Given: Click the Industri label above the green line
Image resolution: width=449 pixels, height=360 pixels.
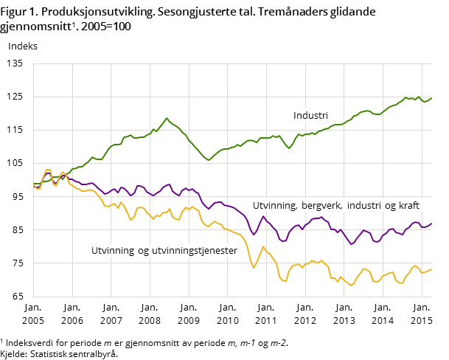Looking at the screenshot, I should pyautogui.click(x=310, y=116).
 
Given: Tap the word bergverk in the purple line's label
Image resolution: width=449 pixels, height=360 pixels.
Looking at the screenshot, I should pyautogui.click(x=320, y=206).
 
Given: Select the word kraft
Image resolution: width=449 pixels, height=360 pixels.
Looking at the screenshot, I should pyautogui.click(x=407, y=206).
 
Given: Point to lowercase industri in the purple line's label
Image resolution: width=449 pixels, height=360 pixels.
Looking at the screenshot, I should pyautogui.click(x=364, y=206).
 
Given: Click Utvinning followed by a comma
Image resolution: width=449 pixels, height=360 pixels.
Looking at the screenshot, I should pyautogui.click(x=274, y=206).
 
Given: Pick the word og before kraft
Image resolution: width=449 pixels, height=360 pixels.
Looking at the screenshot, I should pyautogui.click(x=389, y=206).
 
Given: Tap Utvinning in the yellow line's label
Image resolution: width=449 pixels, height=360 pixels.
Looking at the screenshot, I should pyautogui.click(x=113, y=251).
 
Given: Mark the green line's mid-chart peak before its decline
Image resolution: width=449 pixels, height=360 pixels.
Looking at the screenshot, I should pyautogui.click(x=167, y=118).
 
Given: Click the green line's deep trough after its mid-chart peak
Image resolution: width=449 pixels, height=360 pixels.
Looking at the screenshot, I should pyautogui.click(x=209, y=160).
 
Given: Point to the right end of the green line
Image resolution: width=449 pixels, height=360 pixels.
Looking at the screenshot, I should pyautogui.click(x=431, y=97).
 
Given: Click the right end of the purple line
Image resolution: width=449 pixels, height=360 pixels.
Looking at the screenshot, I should pyautogui.click(x=431, y=224).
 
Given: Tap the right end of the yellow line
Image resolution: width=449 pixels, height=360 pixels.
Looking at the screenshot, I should pyautogui.click(x=431, y=269).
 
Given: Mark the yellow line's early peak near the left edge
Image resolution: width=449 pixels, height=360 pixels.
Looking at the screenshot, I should pyautogui.click(x=48, y=170).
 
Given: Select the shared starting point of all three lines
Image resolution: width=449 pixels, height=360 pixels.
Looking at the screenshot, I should pyautogui.click(x=34, y=185).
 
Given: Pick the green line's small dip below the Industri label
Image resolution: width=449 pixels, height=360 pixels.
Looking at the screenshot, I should pyautogui.click(x=289, y=148).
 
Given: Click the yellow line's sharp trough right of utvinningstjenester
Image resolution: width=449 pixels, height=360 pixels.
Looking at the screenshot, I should pyautogui.click(x=254, y=267).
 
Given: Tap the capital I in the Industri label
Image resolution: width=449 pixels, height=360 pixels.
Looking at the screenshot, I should pyautogui.click(x=295, y=116).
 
